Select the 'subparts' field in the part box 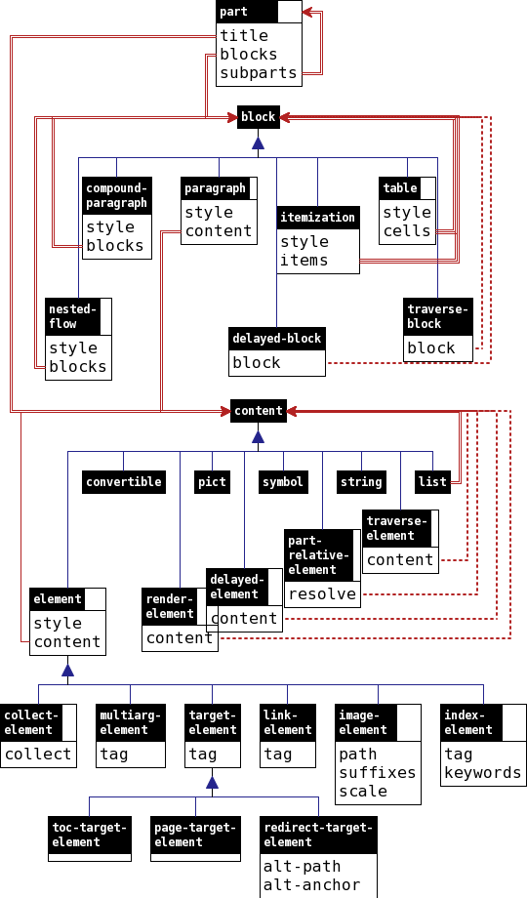coord(250,73)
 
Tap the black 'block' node coord(259,117)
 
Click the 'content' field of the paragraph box coord(219,231)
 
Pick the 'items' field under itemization coord(304,261)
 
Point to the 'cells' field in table coord(407,231)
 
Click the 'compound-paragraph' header coord(117,196)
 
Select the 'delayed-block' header coord(277,339)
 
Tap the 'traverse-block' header coord(437,316)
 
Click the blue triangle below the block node coord(259,143)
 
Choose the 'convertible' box coord(124,481)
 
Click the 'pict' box coord(212,481)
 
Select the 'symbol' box coord(283,481)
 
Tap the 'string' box coord(361,481)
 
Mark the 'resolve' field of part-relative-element coord(322,594)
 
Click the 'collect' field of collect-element coord(38,755)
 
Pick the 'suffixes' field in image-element coord(377,773)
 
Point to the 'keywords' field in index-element coord(483,773)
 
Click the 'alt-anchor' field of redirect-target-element coord(311,885)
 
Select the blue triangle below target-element coord(212,782)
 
